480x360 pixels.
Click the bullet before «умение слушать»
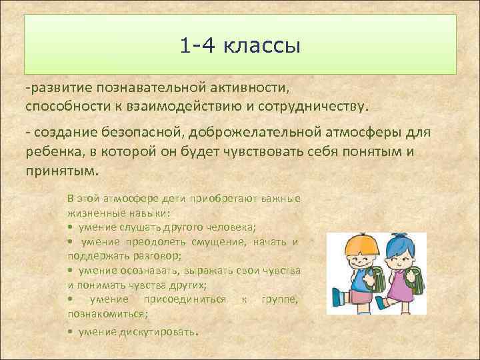click(x=70, y=227)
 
